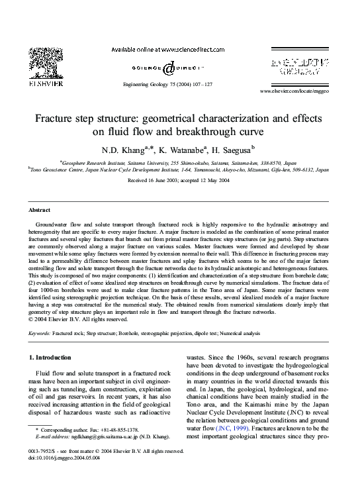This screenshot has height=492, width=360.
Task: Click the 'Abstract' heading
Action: coord(40,209)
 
